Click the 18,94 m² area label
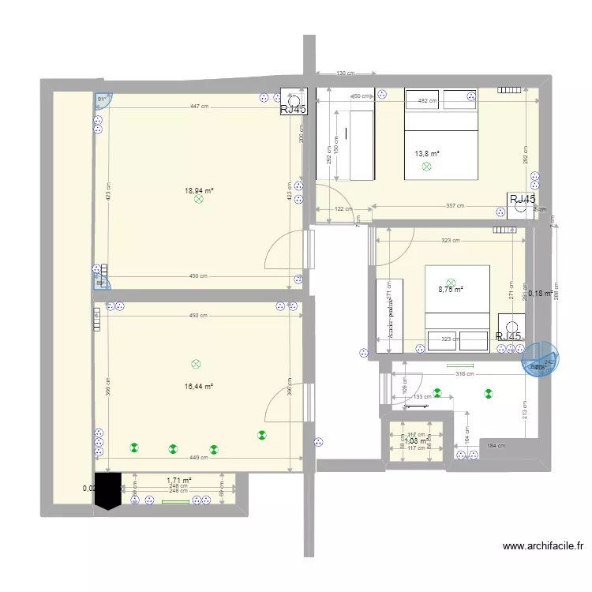click(199, 190)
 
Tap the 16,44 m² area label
click(199, 386)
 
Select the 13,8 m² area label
click(427, 155)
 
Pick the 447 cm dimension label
click(199, 107)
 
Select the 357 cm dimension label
click(455, 206)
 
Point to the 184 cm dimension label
click(496, 446)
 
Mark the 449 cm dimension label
click(199, 457)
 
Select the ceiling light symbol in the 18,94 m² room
click(198, 200)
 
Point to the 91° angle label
click(102, 99)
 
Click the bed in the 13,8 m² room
click(442, 134)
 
